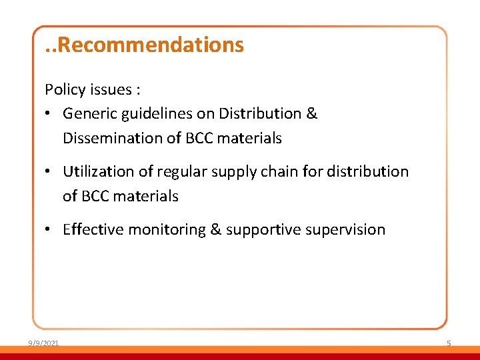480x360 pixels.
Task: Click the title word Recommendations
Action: coord(155,45)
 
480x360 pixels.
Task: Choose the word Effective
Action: coord(93,230)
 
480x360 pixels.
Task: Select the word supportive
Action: coord(258,230)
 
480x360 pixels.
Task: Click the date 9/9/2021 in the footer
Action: coord(43,343)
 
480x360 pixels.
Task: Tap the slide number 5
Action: coord(449,343)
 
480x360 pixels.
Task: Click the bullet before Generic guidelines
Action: coord(49,114)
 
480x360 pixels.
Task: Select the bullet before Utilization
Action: coord(49,172)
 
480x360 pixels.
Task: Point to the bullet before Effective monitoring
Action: coord(49,230)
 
